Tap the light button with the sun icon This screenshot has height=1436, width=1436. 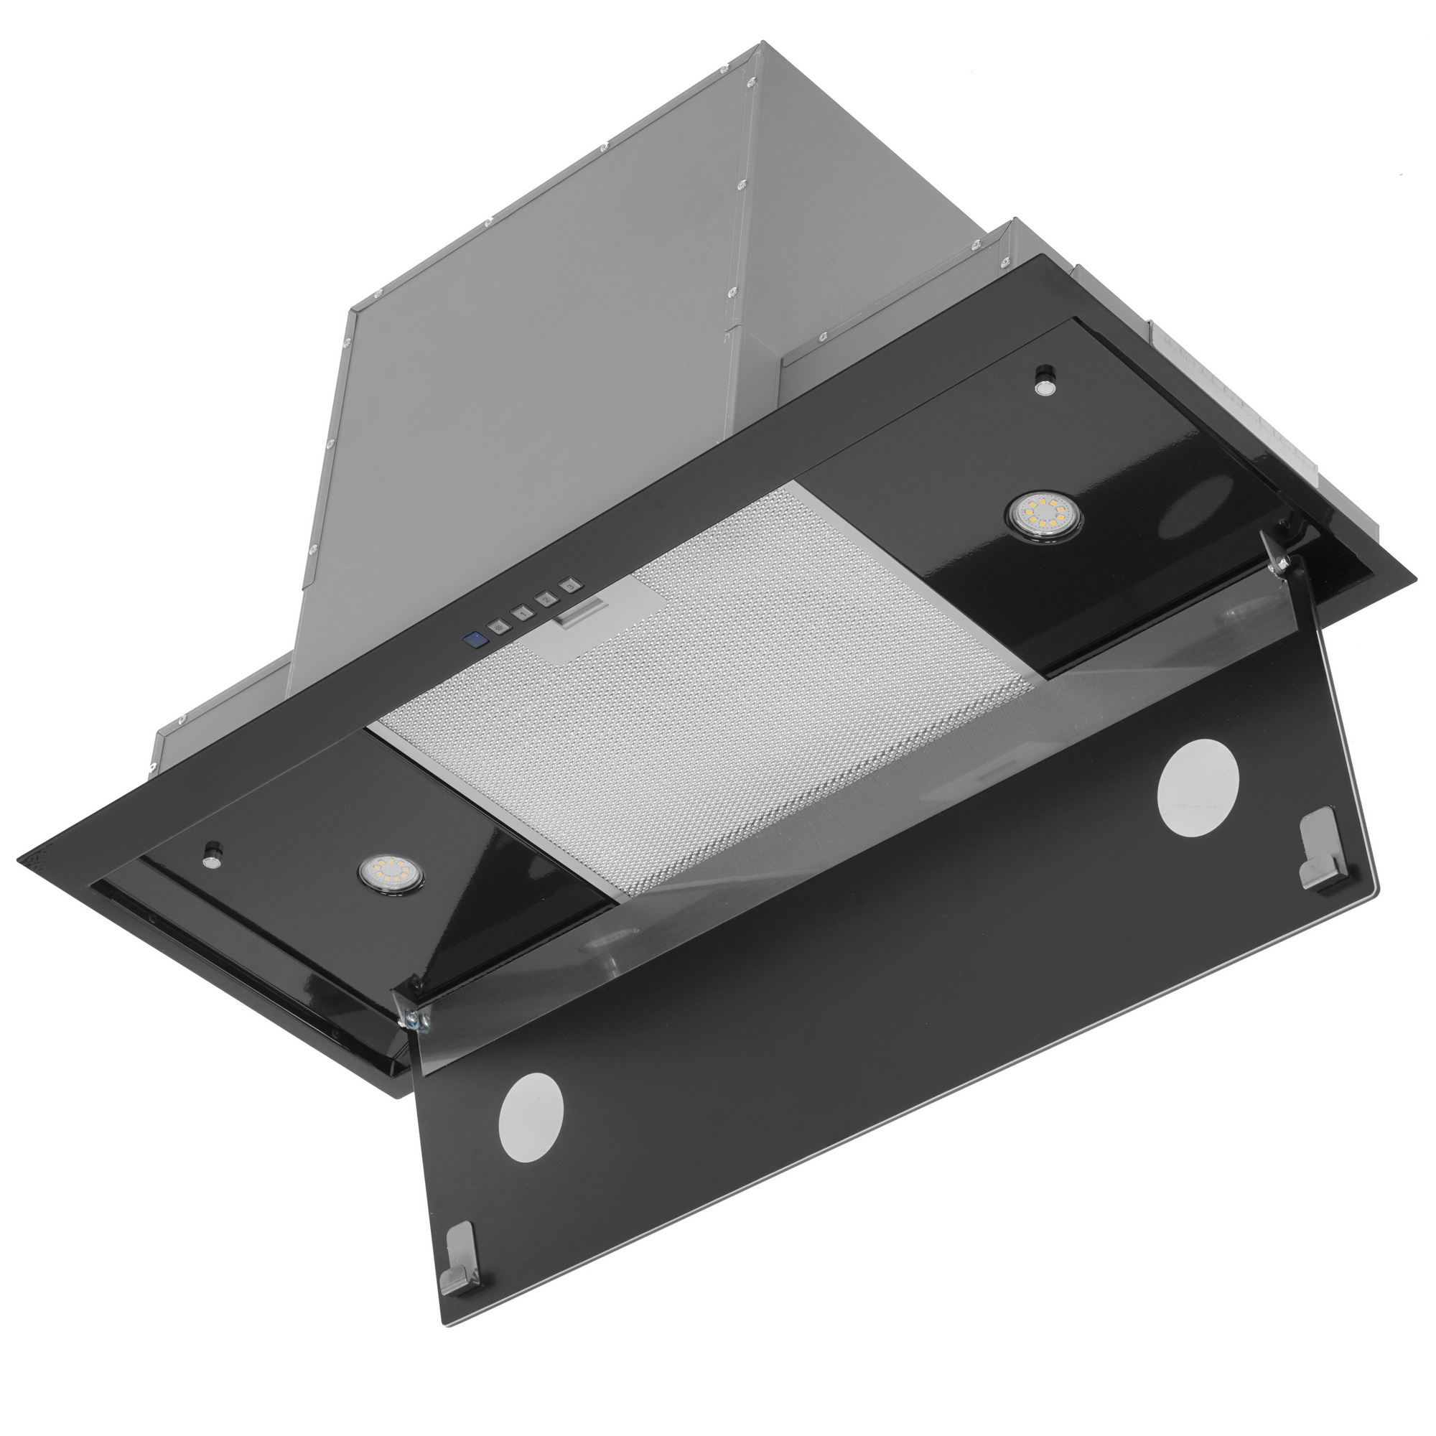click(x=500, y=628)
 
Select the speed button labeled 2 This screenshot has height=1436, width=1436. click(x=547, y=600)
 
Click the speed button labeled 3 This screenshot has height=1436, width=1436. click(x=571, y=586)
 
